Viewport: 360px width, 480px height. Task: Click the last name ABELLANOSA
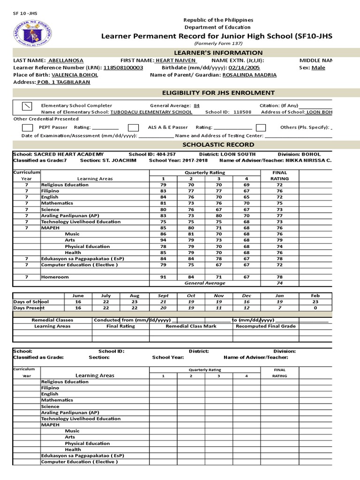point(66,60)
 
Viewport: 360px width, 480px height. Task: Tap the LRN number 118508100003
point(123,67)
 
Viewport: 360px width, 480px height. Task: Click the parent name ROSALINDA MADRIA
point(242,75)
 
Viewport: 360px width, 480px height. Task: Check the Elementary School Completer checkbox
point(28,105)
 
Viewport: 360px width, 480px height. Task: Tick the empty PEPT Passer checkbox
point(28,127)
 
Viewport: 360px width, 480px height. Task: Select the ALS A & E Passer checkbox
point(134,127)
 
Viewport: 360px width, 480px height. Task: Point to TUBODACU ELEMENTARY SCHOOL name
point(151,112)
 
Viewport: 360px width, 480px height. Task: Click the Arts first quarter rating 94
point(163,240)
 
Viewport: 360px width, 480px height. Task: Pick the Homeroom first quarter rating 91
point(163,277)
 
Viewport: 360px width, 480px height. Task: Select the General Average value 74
point(279,283)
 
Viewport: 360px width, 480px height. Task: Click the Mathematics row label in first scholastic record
point(57,203)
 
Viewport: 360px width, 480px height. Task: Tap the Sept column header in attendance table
point(163,296)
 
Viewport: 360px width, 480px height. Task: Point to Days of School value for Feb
point(315,302)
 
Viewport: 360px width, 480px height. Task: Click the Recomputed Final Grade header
point(265,326)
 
